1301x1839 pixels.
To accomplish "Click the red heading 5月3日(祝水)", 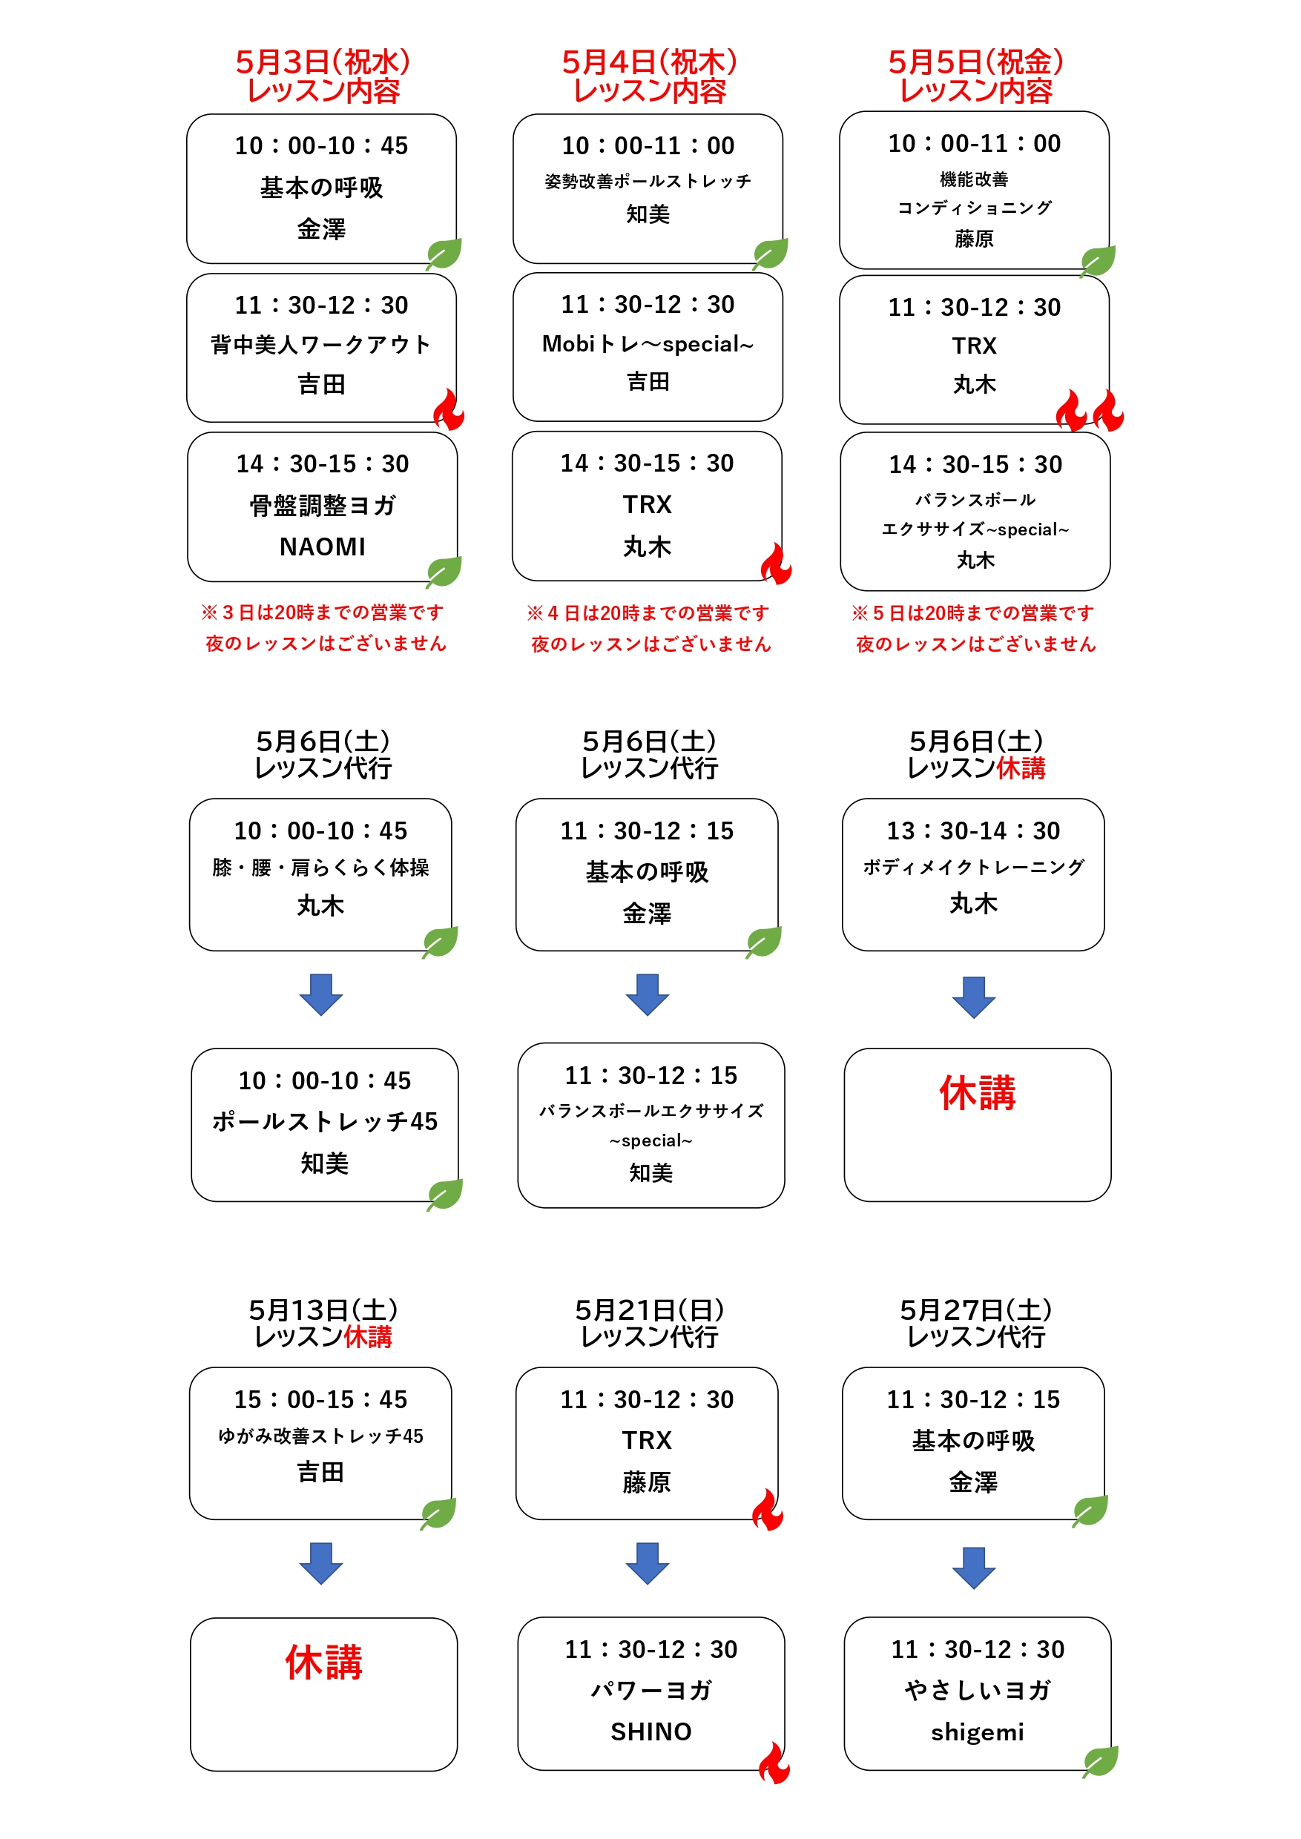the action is tap(322, 62).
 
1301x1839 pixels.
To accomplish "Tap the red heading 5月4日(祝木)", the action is tap(649, 62).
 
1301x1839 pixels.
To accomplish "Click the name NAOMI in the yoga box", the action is tap(322, 547).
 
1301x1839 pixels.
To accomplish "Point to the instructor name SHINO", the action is tap(650, 1731).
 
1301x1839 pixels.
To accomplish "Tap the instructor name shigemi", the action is tap(977, 1732).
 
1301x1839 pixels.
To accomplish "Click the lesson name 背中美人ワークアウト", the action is tap(320, 344).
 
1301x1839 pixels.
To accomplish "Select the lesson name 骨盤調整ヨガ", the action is tap(322, 506).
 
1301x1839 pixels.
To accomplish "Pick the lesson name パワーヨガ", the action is tap(650, 1690).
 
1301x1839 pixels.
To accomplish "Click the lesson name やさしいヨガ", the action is tap(977, 1690).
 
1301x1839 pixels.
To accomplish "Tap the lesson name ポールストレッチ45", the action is tap(324, 1121).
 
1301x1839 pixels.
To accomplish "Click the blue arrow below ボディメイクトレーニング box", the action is tap(973, 997).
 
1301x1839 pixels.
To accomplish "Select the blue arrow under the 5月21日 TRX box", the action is tap(648, 1563).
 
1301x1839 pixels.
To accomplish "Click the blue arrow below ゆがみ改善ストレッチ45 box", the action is tap(320, 1563).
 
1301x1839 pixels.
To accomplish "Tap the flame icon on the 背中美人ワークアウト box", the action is tap(449, 409).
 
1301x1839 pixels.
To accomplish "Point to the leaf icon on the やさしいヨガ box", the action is tap(1100, 1761).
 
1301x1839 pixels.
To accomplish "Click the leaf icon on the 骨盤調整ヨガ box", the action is tap(444, 572).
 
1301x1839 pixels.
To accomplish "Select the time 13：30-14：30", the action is tap(973, 831).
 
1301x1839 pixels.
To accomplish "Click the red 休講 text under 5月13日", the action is tap(323, 1663).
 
